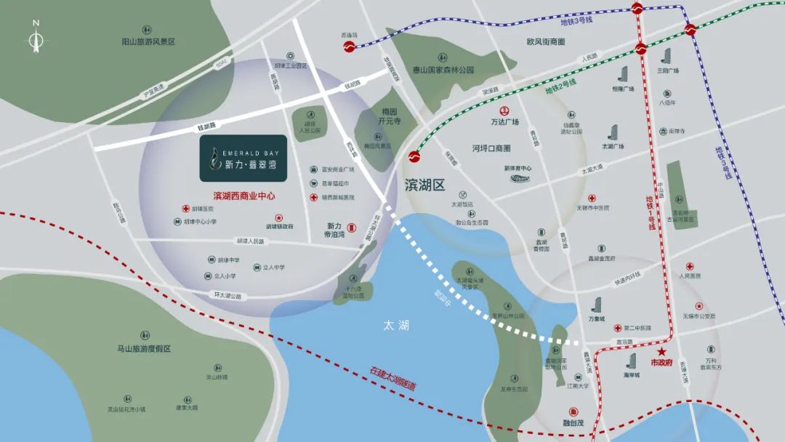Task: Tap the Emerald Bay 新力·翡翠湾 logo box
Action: coord(243,158)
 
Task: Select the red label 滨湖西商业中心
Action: coord(243,196)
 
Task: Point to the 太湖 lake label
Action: coord(395,326)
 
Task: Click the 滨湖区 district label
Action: coord(424,184)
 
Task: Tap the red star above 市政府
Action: coord(661,351)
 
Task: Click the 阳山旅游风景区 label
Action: coord(148,42)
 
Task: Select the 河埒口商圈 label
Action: coord(491,148)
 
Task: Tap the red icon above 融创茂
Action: coord(573,409)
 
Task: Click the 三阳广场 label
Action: coord(667,71)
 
